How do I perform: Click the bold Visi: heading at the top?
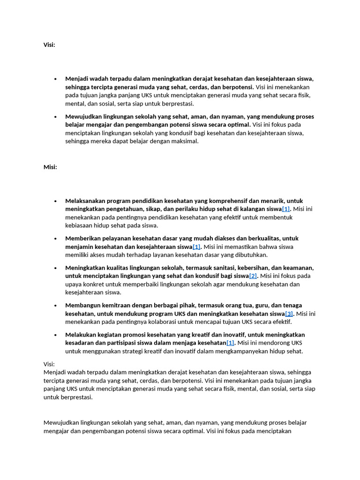tap(49, 45)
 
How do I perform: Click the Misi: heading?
tap(50, 167)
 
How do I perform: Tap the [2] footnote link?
tap(253, 276)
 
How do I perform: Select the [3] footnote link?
tap(289, 314)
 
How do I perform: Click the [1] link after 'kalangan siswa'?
tap(286, 209)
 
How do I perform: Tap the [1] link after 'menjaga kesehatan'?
tap(230, 343)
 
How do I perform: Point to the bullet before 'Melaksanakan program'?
tap(55, 201)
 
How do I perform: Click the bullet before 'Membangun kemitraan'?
tap(55, 305)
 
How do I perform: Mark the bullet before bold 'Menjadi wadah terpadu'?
tap(55, 79)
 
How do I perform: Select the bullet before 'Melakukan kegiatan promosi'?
tap(55, 335)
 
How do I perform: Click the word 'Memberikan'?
tap(82, 238)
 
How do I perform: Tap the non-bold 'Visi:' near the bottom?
tap(49, 364)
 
